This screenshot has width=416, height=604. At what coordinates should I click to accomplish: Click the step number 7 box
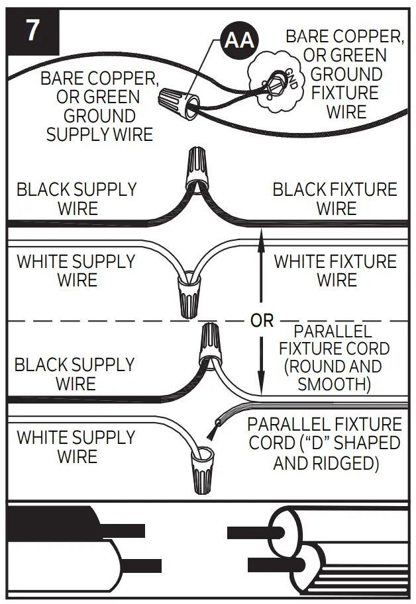[x=32, y=32]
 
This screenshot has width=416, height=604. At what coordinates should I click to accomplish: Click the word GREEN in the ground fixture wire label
[x=357, y=55]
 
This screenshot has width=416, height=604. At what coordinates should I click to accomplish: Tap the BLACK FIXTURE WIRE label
[x=335, y=199]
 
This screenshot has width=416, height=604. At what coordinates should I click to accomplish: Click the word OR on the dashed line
[x=262, y=321]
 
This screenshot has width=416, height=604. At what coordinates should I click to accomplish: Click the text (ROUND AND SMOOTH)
[x=334, y=375]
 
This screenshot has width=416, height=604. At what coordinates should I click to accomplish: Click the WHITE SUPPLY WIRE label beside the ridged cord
[x=76, y=447]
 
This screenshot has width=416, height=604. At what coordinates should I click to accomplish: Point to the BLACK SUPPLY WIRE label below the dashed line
[x=74, y=374]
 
